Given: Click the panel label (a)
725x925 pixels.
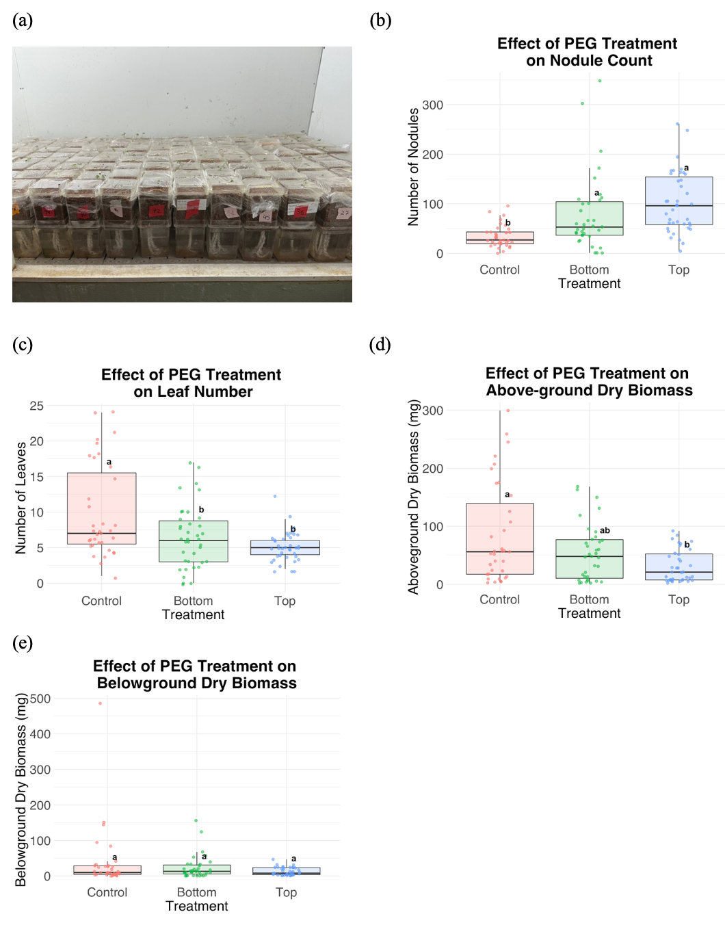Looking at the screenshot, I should click(x=23, y=21).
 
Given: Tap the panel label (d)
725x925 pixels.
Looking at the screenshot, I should click(x=380, y=344).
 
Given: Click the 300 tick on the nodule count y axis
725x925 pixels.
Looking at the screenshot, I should click(x=432, y=105).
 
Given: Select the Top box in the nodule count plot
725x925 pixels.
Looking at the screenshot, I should click(x=678, y=200).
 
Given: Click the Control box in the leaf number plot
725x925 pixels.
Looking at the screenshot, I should click(x=101, y=508).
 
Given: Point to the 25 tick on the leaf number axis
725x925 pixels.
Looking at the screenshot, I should click(x=36, y=406).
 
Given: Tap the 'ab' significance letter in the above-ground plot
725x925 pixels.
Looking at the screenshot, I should click(x=605, y=530).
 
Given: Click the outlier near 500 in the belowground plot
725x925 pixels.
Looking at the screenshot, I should click(x=100, y=703).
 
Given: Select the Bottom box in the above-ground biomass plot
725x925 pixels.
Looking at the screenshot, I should click(x=589, y=559).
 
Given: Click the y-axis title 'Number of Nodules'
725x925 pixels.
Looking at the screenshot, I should click(x=413, y=167).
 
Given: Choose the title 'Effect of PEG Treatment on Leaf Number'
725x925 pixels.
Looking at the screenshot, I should click(x=192, y=383).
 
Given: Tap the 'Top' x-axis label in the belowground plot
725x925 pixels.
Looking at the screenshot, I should click(x=286, y=892).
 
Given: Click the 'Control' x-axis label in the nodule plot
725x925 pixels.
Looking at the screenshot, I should click(x=499, y=270).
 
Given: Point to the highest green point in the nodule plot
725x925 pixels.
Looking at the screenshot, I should click(x=600, y=81).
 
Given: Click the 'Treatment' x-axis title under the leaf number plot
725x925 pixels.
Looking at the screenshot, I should click(x=193, y=614).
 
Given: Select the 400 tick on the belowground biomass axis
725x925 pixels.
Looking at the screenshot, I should click(x=40, y=734).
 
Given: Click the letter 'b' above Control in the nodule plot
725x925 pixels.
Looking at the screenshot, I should click(x=507, y=223).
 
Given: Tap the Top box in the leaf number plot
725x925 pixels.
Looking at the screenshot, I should click(x=285, y=547).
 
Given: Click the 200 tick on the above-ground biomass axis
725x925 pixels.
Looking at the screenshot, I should click(x=432, y=469).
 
